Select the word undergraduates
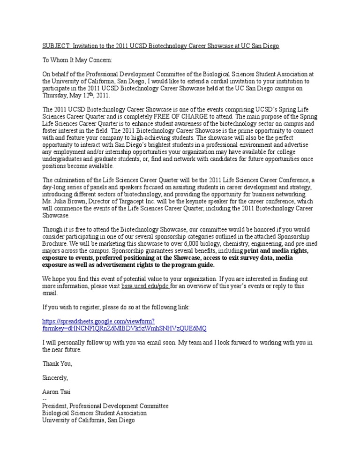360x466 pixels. tap(62, 159)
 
